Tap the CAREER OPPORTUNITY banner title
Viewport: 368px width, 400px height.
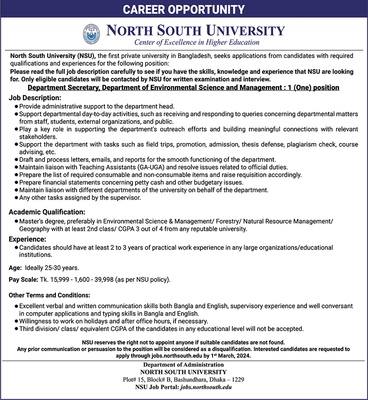(184, 10)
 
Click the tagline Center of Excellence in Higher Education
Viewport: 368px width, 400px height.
(197, 42)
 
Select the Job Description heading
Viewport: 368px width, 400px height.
(35, 98)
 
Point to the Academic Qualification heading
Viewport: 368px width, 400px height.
(47, 212)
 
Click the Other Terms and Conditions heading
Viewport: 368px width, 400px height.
(49, 295)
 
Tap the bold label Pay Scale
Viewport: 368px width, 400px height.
(23, 280)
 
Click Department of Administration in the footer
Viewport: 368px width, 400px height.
(184, 365)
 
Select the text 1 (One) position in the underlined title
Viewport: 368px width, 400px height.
(309, 88)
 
